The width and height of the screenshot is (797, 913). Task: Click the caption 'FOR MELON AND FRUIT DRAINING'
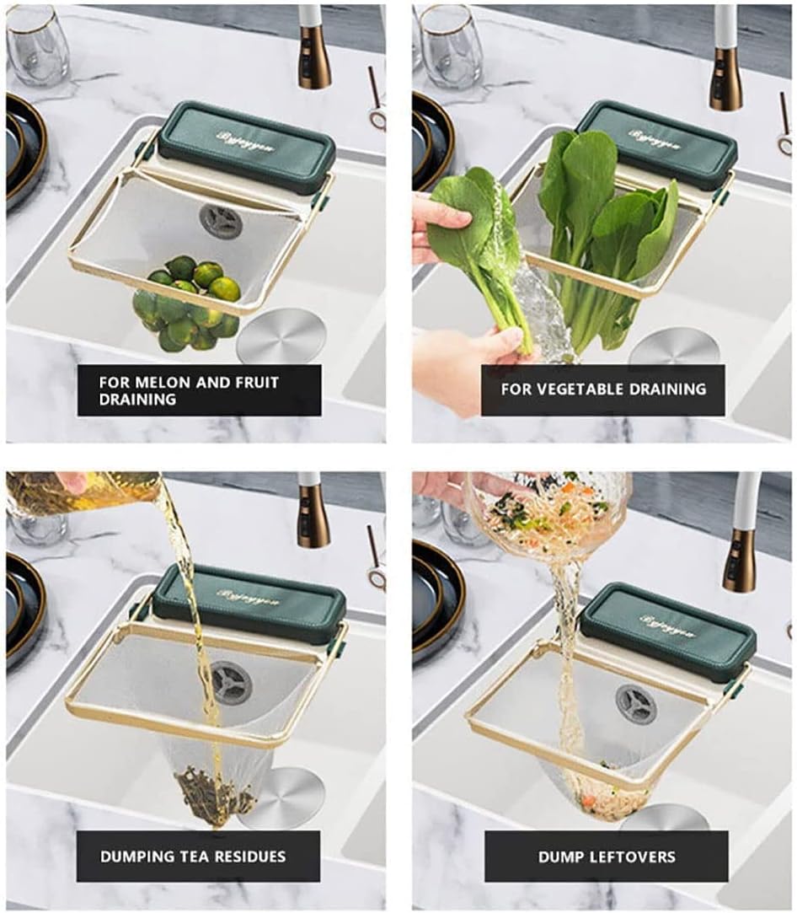point(199,390)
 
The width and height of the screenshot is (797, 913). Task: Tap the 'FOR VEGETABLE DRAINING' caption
point(602,389)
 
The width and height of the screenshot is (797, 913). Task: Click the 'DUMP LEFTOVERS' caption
point(607,857)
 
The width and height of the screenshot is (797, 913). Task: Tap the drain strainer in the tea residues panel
point(230,682)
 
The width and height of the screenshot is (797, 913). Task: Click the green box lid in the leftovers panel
point(668,631)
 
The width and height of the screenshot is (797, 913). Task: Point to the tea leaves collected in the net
point(206,793)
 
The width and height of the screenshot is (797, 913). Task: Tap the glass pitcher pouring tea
point(84,493)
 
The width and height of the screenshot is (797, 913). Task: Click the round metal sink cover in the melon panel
point(281,336)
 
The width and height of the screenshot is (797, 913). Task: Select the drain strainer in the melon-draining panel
point(221,221)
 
